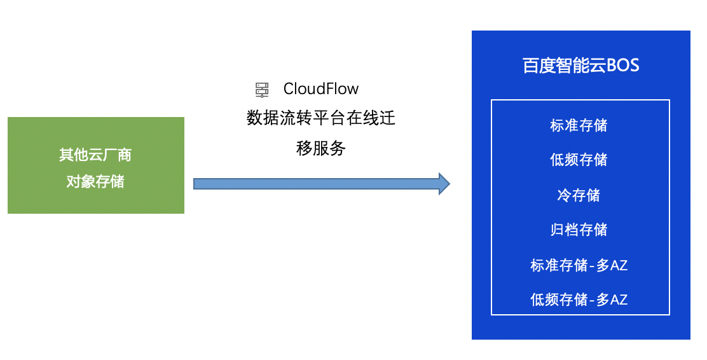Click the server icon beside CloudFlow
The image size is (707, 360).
pos(262,90)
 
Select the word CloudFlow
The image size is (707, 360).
pos(321,89)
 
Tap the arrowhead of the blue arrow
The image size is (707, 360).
pos(444,184)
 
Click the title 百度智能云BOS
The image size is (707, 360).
pos(580,66)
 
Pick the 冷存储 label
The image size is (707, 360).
pos(579,195)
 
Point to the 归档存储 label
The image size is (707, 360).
pos(579,230)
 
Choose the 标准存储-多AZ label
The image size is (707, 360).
pos(579,265)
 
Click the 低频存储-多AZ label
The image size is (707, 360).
pos(579,300)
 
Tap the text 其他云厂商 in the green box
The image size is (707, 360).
pos(95,155)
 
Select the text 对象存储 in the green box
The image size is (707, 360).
pos(95,181)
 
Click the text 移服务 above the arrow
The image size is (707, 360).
pos(321,148)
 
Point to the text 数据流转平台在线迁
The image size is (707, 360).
pos(321,118)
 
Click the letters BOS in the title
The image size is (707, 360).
pos(623,66)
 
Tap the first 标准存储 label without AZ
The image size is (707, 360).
pos(579,125)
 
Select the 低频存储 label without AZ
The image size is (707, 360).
pos(579,160)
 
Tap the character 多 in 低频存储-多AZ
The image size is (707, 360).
pos(603,300)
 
